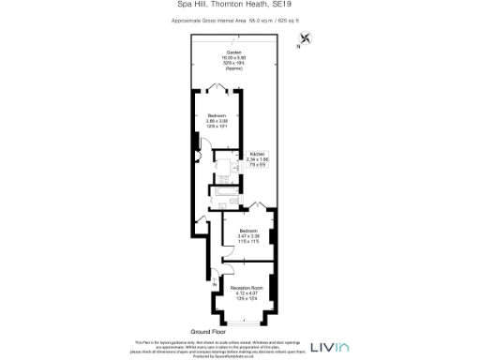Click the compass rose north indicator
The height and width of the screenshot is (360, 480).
pyautogui.click(x=306, y=39)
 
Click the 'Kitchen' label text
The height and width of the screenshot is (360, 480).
pyautogui.click(x=258, y=153)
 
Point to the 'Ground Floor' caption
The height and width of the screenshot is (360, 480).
pyautogui.click(x=210, y=332)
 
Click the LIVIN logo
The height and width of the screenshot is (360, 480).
pyautogui.click(x=329, y=347)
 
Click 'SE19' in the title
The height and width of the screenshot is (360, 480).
pyautogui.click(x=296, y=6)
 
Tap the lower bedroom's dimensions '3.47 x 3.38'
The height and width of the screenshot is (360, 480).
pyautogui.click(x=247, y=235)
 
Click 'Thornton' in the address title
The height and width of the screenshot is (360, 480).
pyautogui.click(x=228, y=6)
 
